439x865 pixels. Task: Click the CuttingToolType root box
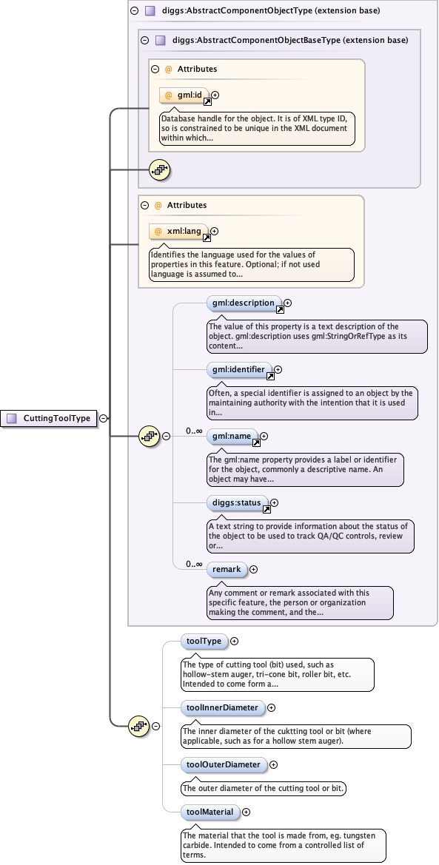pos(50,418)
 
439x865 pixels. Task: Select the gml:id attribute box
pos(184,95)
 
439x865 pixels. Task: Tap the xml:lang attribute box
pos(178,232)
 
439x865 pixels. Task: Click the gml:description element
pos(243,303)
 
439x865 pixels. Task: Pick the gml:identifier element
pos(239,369)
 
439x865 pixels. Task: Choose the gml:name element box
pos(232,437)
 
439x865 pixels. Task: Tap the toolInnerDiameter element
pos(222,707)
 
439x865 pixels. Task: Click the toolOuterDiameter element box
pos(223,764)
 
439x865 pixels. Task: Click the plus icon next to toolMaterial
pos(247,812)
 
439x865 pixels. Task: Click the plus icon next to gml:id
pos(215,95)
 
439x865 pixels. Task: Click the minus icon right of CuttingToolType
pos(103,418)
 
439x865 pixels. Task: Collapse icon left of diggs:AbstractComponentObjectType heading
pos(134,11)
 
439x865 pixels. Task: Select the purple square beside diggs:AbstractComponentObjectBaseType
pos(160,41)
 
